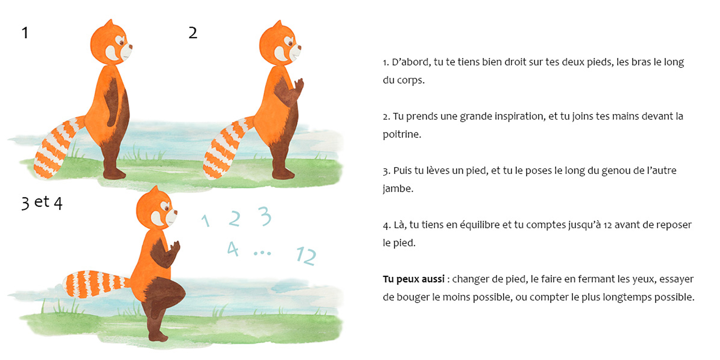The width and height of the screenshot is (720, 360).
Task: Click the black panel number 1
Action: coord(25,33)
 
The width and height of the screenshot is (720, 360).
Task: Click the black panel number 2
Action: coord(193,33)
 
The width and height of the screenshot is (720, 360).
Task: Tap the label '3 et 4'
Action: coord(42,203)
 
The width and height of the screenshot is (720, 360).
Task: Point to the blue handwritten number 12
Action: coord(306,255)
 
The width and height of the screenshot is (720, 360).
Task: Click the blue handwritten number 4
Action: coord(233,249)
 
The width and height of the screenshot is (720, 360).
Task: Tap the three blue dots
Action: coord(262,253)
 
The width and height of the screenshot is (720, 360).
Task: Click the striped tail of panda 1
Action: coord(56,148)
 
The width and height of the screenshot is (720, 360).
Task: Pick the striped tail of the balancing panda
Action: coord(95,284)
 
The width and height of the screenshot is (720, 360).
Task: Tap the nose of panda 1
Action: coord(130,46)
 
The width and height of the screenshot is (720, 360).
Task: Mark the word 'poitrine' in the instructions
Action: coord(402,134)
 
